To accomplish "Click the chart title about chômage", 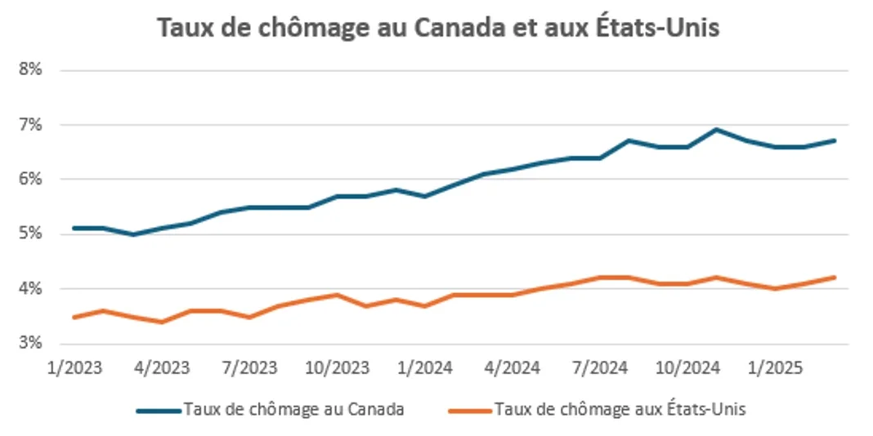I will pyautogui.click(x=437, y=28).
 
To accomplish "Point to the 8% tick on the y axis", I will pyautogui.click(x=31, y=70).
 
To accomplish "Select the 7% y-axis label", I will pyautogui.click(x=31, y=125).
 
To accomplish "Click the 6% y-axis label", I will pyautogui.click(x=31, y=180).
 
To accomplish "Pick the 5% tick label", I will pyautogui.click(x=31, y=234).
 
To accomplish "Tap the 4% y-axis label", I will pyautogui.click(x=31, y=289).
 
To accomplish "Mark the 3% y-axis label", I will pyautogui.click(x=31, y=344).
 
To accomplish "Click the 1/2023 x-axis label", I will pyautogui.click(x=74, y=367).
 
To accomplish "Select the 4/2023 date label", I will pyautogui.click(x=161, y=367).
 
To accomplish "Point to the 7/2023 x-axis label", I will pyautogui.click(x=248, y=367).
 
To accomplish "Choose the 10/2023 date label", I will pyautogui.click(x=338, y=367).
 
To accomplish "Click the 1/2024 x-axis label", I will pyautogui.click(x=424, y=367).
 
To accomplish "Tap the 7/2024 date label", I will pyautogui.click(x=598, y=367).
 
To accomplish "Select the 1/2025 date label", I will pyautogui.click(x=774, y=367).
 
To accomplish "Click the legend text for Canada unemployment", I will pyautogui.click(x=293, y=410).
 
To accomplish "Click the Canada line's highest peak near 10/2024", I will pyautogui.click(x=717, y=129).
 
